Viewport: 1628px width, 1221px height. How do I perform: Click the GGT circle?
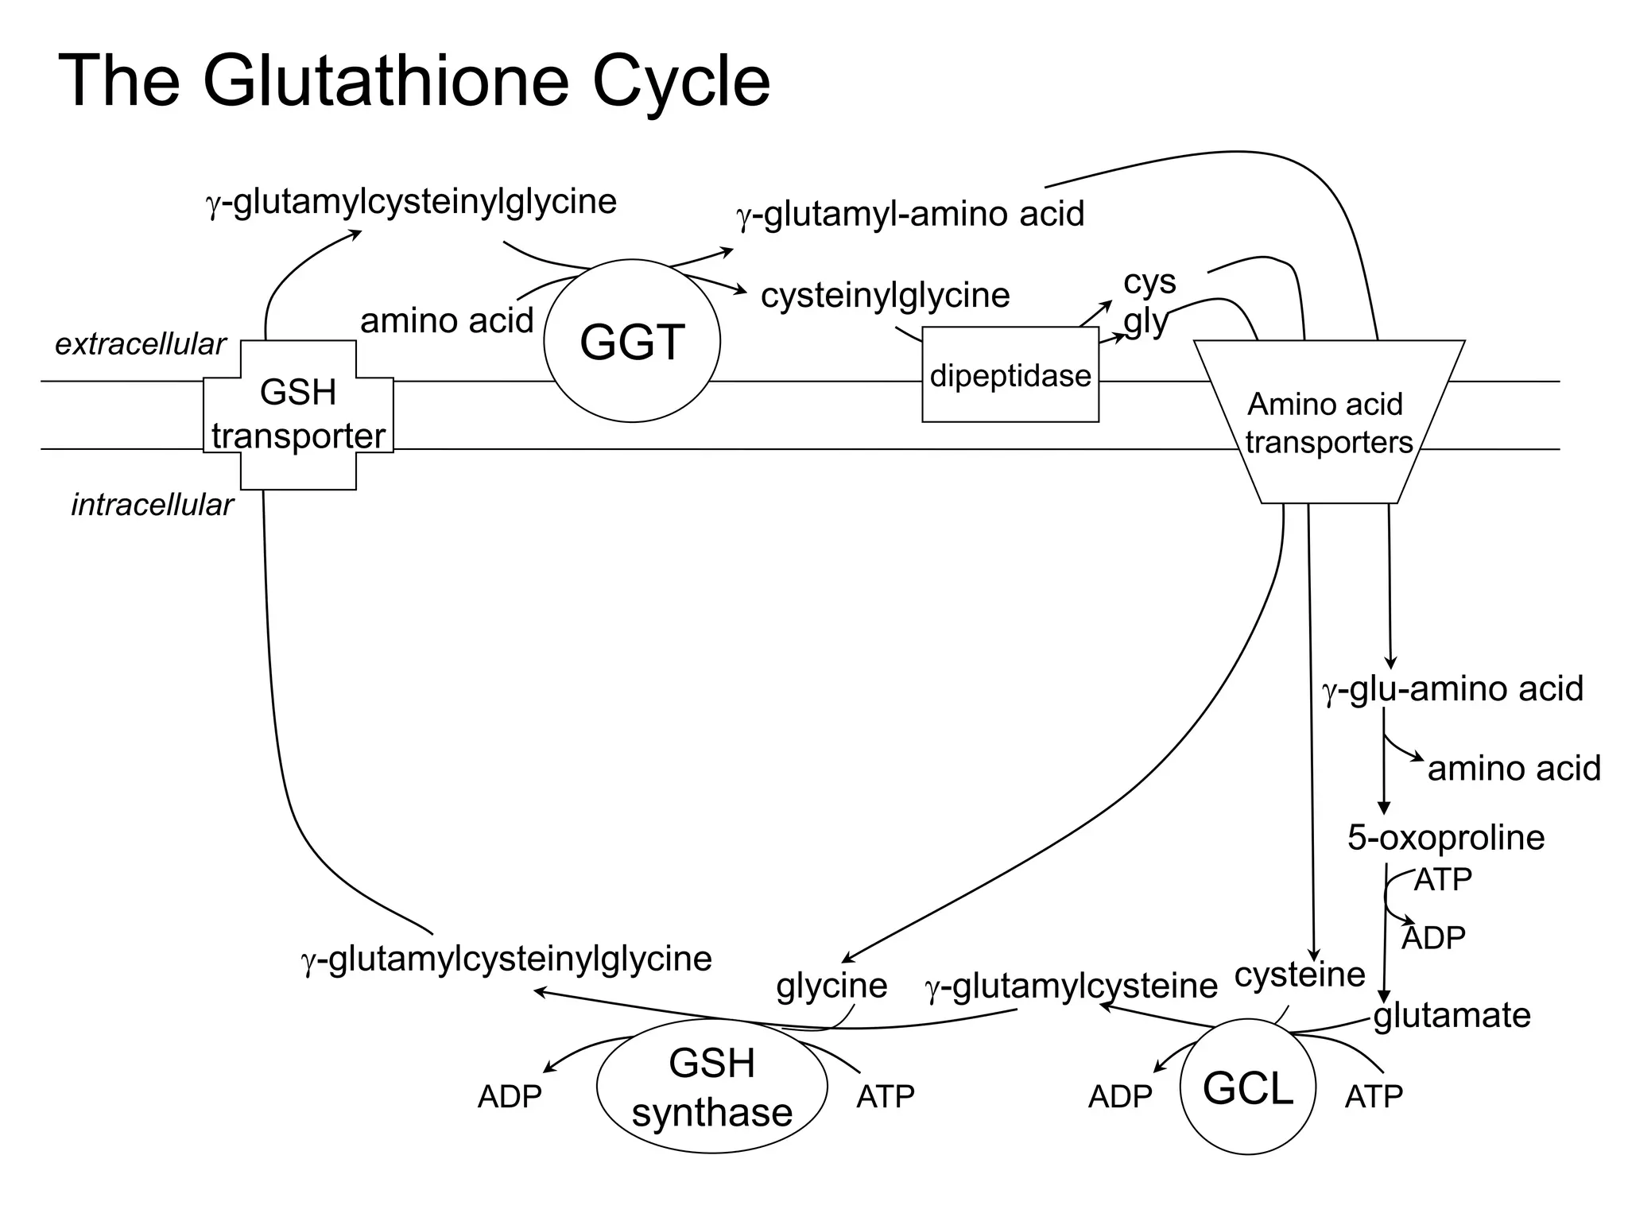click(632, 341)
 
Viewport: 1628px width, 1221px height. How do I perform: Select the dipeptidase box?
click(1010, 375)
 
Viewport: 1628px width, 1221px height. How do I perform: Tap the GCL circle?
click(1247, 1087)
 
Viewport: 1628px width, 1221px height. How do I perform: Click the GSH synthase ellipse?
click(711, 1087)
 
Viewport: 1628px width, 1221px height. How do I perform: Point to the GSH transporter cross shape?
click(298, 414)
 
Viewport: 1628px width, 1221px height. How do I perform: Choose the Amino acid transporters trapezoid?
click(1328, 421)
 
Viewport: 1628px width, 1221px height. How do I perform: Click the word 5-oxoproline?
click(1445, 837)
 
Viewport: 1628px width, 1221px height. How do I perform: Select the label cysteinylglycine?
click(885, 295)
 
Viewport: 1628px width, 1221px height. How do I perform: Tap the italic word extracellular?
click(140, 344)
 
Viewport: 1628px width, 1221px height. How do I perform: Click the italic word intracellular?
click(152, 505)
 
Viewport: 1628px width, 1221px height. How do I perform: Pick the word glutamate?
click(1452, 1015)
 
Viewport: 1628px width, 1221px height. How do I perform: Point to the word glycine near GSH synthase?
click(831, 986)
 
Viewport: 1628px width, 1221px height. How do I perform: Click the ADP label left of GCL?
click(1119, 1097)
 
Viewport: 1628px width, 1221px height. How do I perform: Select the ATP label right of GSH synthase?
click(885, 1097)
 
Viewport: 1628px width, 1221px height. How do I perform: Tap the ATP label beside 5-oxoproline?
click(1443, 879)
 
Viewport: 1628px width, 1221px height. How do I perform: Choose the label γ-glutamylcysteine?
click(1071, 986)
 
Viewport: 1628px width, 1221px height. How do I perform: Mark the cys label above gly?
click(1149, 281)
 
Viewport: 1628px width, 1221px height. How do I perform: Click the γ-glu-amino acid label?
click(1452, 688)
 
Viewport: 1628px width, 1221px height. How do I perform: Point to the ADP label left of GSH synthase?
click(509, 1097)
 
